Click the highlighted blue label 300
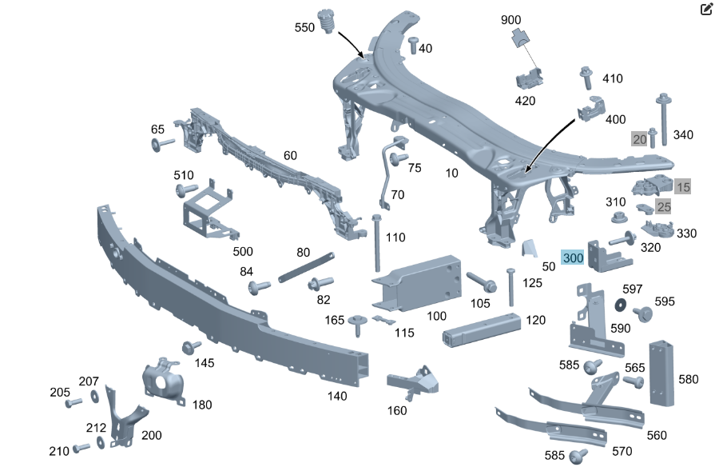click(x=573, y=258)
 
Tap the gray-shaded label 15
click(x=682, y=187)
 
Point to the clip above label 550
click(x=326, y=19)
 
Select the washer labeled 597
click(x=620, y=305)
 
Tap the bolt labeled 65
click(x=161, y=145)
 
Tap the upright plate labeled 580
click(x=662, y=372)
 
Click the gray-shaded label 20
click(x=639, y=138)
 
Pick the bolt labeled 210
click(x=81, y=449)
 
